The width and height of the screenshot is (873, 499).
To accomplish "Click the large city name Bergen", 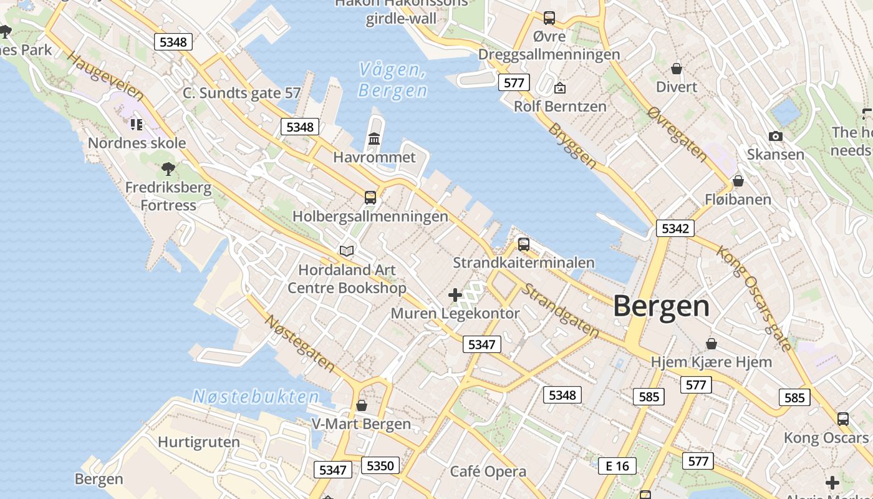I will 662,306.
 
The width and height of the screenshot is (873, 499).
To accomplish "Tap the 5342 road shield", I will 675,228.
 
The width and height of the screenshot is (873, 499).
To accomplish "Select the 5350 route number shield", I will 380,465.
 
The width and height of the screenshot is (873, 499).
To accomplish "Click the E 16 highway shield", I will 617,465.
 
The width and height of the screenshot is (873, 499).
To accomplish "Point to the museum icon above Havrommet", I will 374,138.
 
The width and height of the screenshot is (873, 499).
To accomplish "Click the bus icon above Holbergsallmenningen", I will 370,198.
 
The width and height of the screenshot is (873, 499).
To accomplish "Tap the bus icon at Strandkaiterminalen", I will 524,244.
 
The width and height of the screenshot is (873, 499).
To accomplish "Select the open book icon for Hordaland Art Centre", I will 347,251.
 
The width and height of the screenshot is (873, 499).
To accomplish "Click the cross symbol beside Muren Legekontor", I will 455,294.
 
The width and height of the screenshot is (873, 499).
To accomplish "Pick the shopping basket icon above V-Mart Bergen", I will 362,405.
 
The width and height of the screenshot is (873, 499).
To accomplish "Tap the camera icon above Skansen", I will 775,136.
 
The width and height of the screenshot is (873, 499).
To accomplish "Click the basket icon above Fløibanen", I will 738,181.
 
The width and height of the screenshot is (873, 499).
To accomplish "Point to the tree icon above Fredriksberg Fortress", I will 168,168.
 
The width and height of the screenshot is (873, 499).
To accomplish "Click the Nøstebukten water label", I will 256,397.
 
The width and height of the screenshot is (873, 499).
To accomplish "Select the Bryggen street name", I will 572,145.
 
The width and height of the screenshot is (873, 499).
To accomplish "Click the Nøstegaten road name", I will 300,343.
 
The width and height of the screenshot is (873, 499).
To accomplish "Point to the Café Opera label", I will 488,472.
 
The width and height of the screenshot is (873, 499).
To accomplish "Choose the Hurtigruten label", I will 198,442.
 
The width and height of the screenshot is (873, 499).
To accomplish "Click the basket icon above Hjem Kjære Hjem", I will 711,344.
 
